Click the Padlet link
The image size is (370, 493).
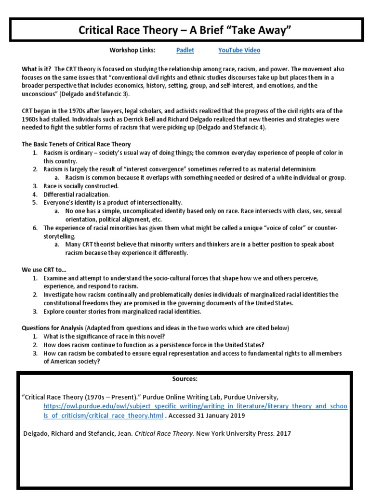(x=182, y=50)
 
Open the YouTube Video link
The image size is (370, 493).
(x=239, y=50)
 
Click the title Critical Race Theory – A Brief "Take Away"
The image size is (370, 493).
(x=185, y=31)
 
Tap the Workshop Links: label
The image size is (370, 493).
(x=132, y=50)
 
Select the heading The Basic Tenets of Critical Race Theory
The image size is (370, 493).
(x=76, y=144)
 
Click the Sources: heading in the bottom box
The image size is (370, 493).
(x=185, y=379)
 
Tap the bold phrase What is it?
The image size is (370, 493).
(x=37, y=69)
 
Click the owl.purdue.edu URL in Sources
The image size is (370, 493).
(x=195, y=411)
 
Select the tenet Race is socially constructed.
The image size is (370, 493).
(x=81, y=186)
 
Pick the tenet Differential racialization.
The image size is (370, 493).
(x=77, y=195)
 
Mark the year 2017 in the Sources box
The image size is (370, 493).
(x=283, y=433)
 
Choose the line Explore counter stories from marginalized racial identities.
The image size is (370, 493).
(x=122, y=311)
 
